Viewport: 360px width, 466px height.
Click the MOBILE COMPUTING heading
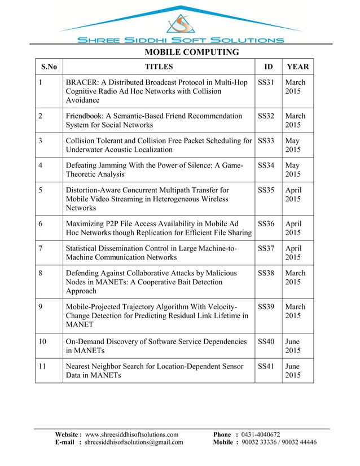point(192,52)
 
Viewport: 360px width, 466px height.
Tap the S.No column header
point(49,67)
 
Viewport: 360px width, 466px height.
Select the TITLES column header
point(159,67)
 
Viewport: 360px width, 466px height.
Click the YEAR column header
point(297,67)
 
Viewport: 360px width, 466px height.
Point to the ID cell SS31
point(266,82)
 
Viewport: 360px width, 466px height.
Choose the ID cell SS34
point(266,165)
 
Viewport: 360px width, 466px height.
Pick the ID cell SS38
point(266,273)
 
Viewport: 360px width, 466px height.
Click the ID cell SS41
point(266,367)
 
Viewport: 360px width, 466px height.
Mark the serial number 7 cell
point(41,248)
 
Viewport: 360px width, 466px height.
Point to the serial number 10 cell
point(43,342)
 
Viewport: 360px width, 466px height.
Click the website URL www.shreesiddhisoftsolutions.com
point(131,434)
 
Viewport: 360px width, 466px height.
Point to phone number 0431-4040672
point(260,434)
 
